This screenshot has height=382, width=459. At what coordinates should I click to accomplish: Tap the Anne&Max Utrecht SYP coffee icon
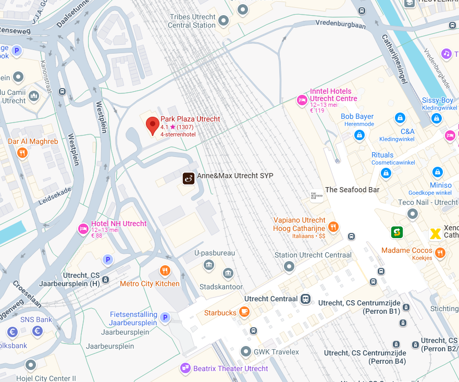(x=189, y=178)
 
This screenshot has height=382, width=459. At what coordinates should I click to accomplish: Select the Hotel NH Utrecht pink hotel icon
(x=83, y=228)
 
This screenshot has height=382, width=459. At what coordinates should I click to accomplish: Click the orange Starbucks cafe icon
(x=244, y=312)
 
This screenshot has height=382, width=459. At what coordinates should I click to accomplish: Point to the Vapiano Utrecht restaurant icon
(x=333, y=227)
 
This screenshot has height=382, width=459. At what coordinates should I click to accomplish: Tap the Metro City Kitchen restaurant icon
(x=165, y=270)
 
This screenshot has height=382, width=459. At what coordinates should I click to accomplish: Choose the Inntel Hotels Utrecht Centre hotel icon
(x=302, y=100)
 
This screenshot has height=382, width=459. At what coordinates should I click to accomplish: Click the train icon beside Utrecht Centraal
(x=306, y=299)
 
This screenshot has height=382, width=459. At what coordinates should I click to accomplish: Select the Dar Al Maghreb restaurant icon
(x=22, y=153)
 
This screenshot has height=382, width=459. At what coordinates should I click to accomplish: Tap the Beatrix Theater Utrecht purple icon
(x=185, y=368)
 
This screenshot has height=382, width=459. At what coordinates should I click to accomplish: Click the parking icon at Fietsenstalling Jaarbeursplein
(x=165, y=318)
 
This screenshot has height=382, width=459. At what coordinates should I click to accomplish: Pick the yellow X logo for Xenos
(x=435, y=234)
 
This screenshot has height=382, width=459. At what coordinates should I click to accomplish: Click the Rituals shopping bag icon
(x=386, y=172)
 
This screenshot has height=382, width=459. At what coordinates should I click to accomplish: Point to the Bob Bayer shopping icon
(x=359, y=135)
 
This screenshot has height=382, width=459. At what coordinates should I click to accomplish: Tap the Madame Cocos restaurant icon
(x=441, y=253)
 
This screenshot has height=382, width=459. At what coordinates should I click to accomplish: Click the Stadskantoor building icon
(x=228, y=274)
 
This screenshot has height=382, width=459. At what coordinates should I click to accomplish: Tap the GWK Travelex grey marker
(x=245, y=352)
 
